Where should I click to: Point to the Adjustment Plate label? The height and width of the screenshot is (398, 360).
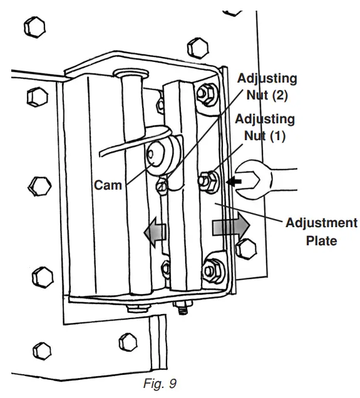point(322,232)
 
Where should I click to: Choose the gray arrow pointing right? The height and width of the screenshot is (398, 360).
point(230,226)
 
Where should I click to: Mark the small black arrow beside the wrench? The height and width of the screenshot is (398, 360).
point(233,181)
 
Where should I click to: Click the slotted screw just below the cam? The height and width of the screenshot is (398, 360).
point(163,184)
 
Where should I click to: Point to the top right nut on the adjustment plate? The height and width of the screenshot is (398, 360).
point(203,94)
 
